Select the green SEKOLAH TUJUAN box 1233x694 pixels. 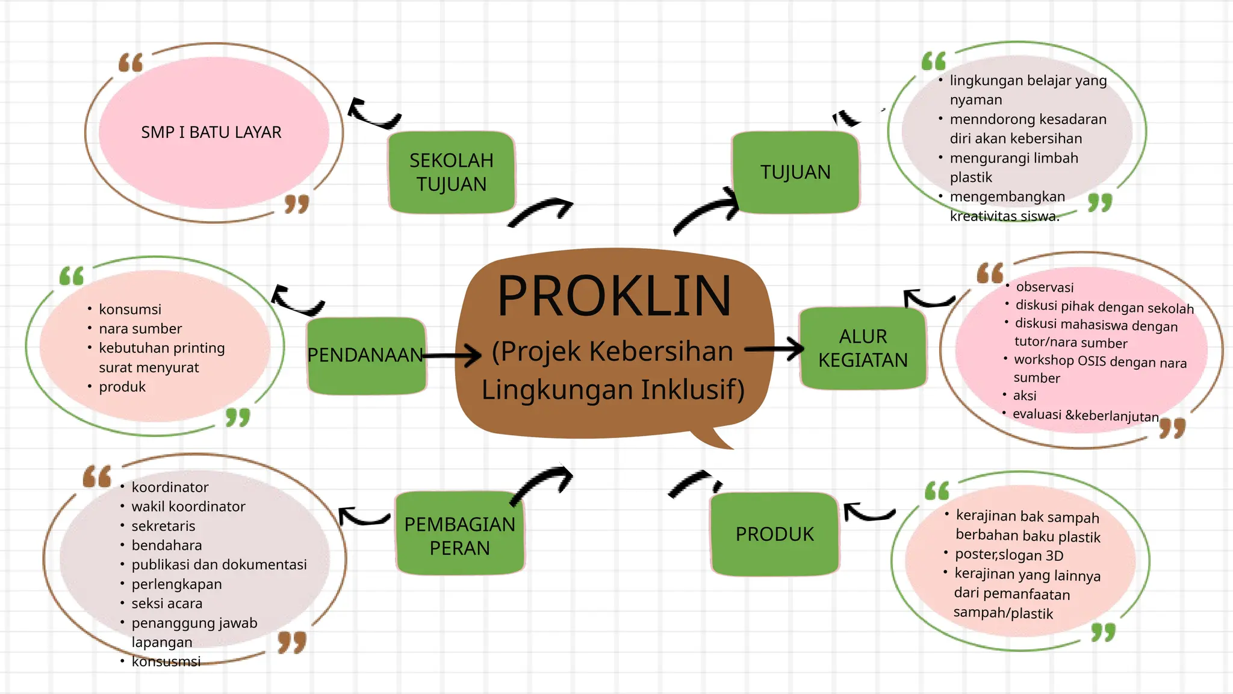coord(452,172)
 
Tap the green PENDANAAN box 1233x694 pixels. coord(365,355)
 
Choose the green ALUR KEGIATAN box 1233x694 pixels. coord(863,348)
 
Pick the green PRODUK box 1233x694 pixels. coord(775,534)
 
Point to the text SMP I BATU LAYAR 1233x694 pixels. coord(211,133)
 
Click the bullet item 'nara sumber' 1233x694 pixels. coord(140,329)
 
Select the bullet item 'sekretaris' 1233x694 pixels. coord(163,526)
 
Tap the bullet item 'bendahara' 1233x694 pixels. coord(167,545)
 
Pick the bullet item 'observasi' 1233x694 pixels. coord(1045,287)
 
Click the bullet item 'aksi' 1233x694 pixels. coord(1025,396)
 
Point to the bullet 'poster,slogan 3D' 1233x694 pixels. coord(1009,555)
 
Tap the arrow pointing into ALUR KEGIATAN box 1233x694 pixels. coord(775,349)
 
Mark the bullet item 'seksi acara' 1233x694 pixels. coord(167,604)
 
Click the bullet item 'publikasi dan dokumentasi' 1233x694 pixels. coord(219,564)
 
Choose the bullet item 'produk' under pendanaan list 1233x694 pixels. coord(122,387)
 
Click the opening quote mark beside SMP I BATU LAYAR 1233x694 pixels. coord(131,62)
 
